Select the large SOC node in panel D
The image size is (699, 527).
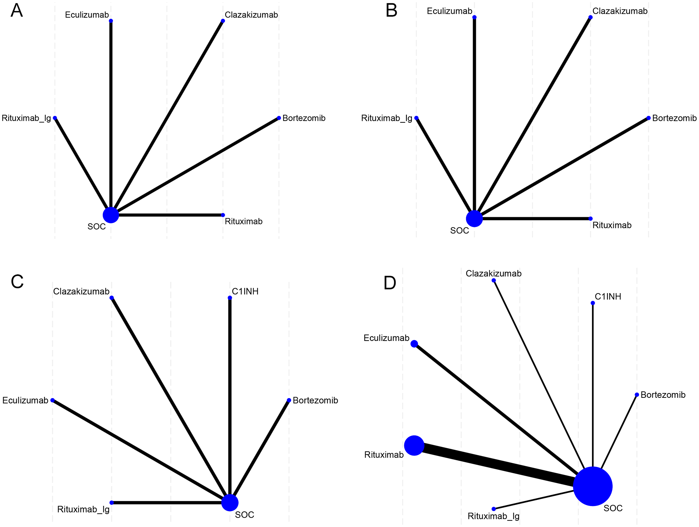click(592, 486)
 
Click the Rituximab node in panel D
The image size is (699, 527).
click(414, 445)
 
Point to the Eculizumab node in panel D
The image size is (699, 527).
click(414, 343)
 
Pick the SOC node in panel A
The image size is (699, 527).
click(111, 215)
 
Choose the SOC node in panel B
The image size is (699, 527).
click(474, 218)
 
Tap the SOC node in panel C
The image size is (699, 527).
click(230, 502)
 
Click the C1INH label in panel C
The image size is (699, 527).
click(245, 291)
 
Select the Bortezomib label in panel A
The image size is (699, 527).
click(304, 118)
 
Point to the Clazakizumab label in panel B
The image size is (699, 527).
click(620, 11)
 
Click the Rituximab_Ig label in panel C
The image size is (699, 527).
click(83, 509)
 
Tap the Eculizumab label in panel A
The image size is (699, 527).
click(87, 15)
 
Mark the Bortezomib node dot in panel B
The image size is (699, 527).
click(648, 118)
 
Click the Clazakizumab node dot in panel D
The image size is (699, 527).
click(494, 281)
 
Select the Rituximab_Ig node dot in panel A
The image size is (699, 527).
click(55, 118)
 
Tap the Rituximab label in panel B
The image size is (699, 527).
click(612, 225)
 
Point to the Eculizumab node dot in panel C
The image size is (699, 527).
click(52, 400)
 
